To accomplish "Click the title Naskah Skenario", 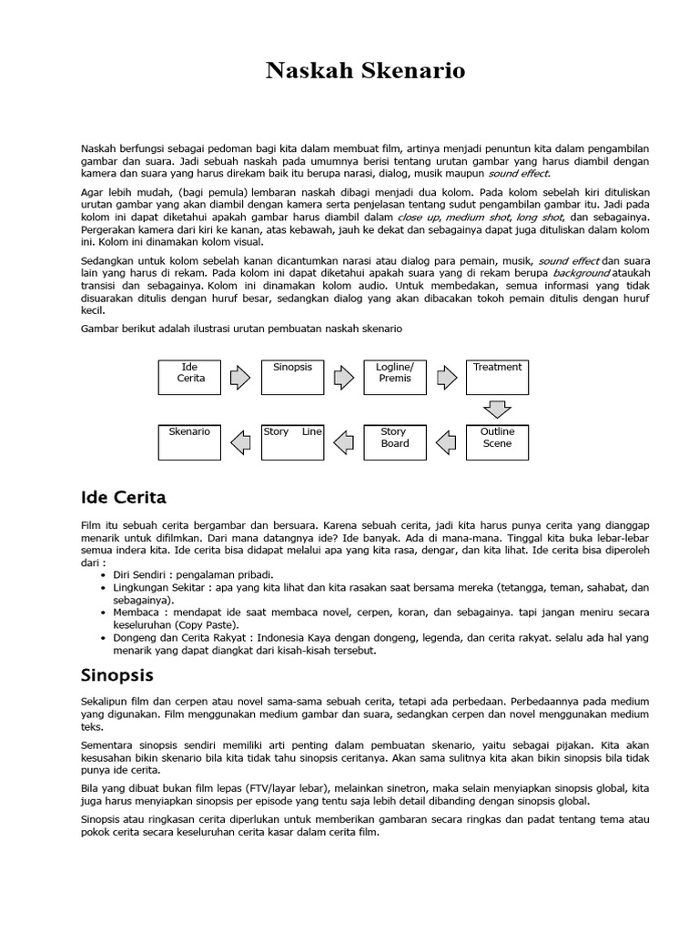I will (365, 71).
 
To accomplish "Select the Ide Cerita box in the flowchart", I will (189, 377).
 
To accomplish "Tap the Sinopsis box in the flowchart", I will (292, 377).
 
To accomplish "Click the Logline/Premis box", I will (394, 377).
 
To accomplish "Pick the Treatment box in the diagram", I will (497, 377).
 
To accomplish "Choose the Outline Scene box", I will (497, 441).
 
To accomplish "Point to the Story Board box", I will (394, 441).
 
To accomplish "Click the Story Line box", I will (292, 441).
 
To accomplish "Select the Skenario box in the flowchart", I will (189, 441).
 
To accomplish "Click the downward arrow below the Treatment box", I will (497, 409).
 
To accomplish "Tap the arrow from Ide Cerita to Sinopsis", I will (240, 377).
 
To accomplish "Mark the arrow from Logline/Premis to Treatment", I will (446, 377).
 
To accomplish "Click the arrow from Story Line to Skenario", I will (240, 442).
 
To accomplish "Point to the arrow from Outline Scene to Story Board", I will (446, 442).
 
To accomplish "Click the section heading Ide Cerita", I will (124, 498).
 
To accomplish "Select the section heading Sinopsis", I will (117, 675).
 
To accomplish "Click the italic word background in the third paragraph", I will (581, 273).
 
